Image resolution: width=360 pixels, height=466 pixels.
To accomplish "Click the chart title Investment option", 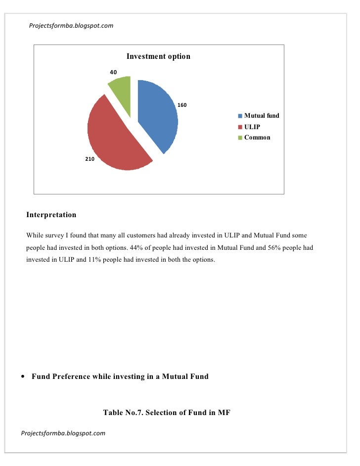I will [x=158, y=56].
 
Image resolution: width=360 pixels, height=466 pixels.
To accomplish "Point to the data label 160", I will [x=182, y=105].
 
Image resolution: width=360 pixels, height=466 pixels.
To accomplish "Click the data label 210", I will [x=89, y=160].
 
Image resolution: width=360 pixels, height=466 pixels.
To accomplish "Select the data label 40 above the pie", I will [x=113, y=73].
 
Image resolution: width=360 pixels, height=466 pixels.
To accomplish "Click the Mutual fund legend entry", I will [x=262, y=116].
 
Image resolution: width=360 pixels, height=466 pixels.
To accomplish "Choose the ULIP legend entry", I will [x=252, y=127].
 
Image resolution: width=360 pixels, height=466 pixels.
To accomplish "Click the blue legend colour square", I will [x=240, y=116].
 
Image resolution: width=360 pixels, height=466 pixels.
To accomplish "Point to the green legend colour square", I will [x=240, y=138].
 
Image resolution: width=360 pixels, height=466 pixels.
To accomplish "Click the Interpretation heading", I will [x=51, y=215].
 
